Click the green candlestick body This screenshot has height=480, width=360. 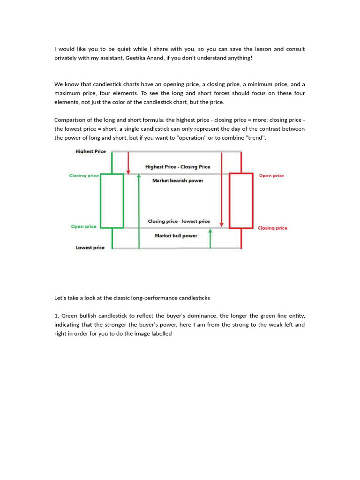pyautogui.click(x=112, y=201)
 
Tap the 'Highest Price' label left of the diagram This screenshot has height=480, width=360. pyautogui.click(x=90, y=151)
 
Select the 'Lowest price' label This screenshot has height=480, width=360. pyautogui.click(x=90, y=247)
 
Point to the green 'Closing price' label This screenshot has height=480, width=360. pyautogui.click(x=84, y=176)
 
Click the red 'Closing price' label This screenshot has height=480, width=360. pyautogui.click(x=272, y=228)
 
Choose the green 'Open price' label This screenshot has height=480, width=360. pyautogui.click(x=83, y=226)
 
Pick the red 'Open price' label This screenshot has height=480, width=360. pyautogui.click(x=271, y=176)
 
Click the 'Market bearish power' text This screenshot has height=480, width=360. pyautogui.click(x=178, y=181)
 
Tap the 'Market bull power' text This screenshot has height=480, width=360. pyautogui.click(x=176, y=236)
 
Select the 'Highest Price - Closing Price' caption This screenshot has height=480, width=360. pyautogui.click(x=178, y=167)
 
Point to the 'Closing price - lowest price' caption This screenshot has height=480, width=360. pyautogui.click(x=179, y=221)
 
